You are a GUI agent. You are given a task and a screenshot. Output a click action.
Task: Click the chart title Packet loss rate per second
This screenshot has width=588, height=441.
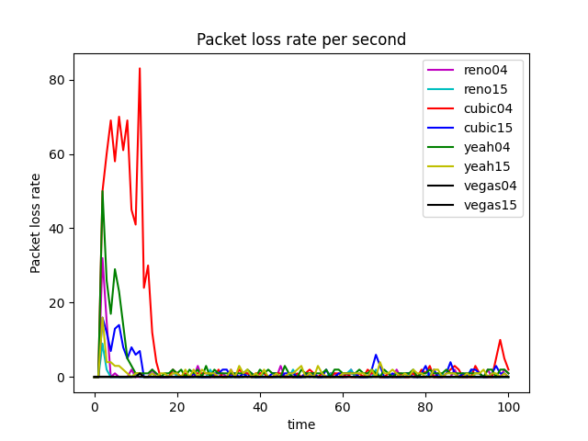pyautogui.click(x=301, y=40)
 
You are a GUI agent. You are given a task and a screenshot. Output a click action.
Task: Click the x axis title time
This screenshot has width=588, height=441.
pyautogui.click(x=301, y=424)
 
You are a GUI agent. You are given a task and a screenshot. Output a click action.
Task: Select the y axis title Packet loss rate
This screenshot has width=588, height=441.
pyautogui.click(x=36, y=222)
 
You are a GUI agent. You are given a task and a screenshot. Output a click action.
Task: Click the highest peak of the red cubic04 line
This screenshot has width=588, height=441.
pyautogui.click(x=140, y=68)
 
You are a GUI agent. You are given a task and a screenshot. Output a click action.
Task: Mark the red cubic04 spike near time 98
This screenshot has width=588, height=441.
pyautogui.click(x=500, y=340)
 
